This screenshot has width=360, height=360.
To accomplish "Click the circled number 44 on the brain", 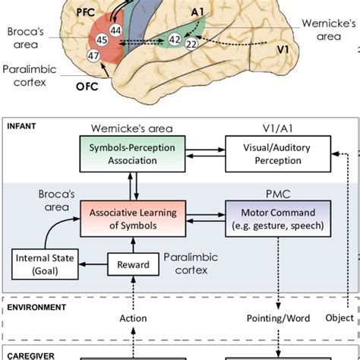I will [x=115, y=29].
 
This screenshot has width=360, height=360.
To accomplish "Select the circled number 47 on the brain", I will [x=93, y=57].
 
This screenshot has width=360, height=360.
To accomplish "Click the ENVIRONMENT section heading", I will [x=36, y=307].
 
